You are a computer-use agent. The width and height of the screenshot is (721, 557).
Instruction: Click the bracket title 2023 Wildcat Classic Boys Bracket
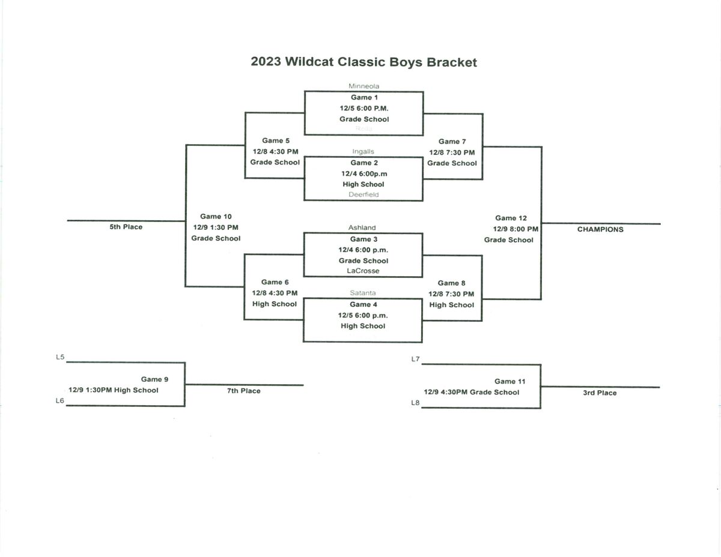click(364, 62)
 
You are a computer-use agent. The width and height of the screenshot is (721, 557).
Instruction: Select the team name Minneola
click(364, 86)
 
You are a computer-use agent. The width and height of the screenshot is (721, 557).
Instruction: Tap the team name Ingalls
click(363, 152)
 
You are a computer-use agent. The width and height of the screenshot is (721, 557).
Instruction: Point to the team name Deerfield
click(364, 194)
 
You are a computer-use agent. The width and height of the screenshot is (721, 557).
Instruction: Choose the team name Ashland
click(362, 227)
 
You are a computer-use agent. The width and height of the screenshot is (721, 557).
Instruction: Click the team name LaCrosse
click(363, 271)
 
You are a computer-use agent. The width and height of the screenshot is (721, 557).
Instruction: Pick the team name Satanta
click(362, 293)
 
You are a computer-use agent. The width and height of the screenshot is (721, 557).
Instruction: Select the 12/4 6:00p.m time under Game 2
click(364, 173)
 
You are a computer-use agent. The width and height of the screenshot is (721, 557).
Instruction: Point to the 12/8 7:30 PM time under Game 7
click(451, 152)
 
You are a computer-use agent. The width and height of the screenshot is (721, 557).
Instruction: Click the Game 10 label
click(216, 217)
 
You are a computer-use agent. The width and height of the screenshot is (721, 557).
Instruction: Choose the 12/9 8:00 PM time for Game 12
click(516, 229)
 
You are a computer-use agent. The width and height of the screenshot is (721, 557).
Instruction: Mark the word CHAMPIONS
click(600, 229)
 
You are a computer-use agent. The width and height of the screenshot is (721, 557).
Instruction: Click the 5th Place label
click(126, 227)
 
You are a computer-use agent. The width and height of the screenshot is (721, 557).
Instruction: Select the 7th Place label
click(243, 391)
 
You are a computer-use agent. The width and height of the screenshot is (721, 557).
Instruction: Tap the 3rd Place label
click(600, 393)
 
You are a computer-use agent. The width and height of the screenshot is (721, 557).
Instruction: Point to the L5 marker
click(60, 357)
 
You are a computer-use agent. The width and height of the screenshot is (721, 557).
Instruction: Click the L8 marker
click(415, 403)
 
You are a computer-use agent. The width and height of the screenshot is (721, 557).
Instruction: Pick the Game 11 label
click(510, 381)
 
